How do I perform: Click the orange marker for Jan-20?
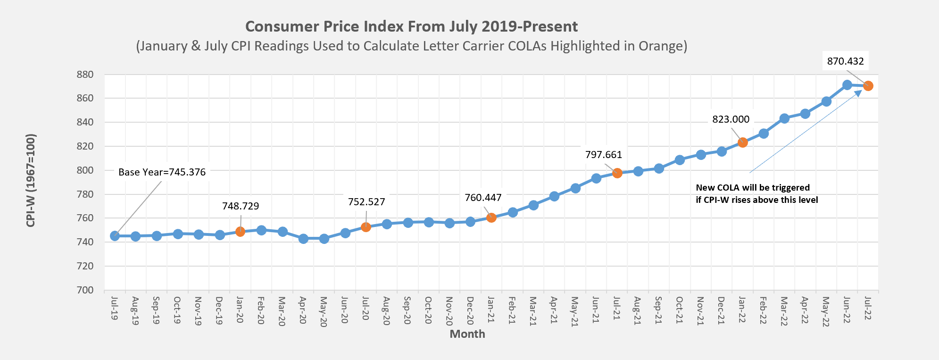point(240,232)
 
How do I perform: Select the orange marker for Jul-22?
point(868,86)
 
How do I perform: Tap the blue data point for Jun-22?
point(847,85)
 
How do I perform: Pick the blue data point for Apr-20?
point(303,239)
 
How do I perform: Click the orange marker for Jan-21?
point(491,218)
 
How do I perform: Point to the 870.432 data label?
point(845,61)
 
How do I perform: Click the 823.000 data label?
point(731,119)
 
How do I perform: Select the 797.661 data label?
point(603,155)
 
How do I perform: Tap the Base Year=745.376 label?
point(162,172)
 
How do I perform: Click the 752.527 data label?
point(366,202)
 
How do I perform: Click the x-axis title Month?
point(467,334)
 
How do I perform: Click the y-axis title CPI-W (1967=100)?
point(31,180)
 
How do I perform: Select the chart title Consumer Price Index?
point(411,26)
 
